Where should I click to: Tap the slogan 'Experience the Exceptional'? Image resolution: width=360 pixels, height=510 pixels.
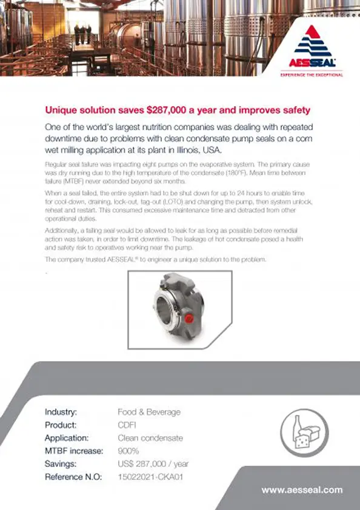[311, 75]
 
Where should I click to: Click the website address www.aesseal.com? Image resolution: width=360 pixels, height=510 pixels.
[302, 490]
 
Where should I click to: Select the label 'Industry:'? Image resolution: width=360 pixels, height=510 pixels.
[61, 412]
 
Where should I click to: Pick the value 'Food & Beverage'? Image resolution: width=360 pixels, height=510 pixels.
[149, 412]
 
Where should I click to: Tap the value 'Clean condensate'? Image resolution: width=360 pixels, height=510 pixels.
[150, 437]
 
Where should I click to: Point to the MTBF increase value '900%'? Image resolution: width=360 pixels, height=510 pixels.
[128, 451]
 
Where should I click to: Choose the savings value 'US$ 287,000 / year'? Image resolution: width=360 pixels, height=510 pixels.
[153, 464]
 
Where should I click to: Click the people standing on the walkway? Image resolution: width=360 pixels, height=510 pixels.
[84, 31]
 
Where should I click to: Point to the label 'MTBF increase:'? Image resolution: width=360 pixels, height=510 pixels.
[74, 451]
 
